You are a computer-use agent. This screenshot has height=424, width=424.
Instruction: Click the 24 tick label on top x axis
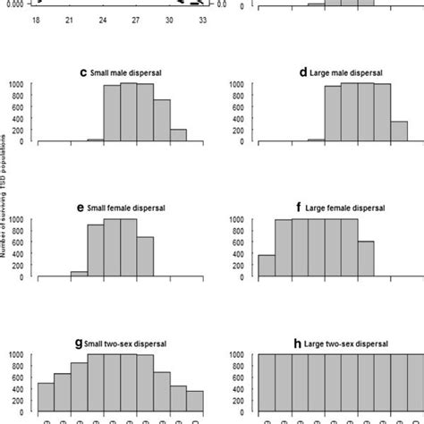[105, 19]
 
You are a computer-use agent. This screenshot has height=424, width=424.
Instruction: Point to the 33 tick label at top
[204, 19]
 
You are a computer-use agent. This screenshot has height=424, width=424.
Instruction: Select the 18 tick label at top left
[37, 19]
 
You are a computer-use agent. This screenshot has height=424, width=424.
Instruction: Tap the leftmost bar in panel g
[46, 396]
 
